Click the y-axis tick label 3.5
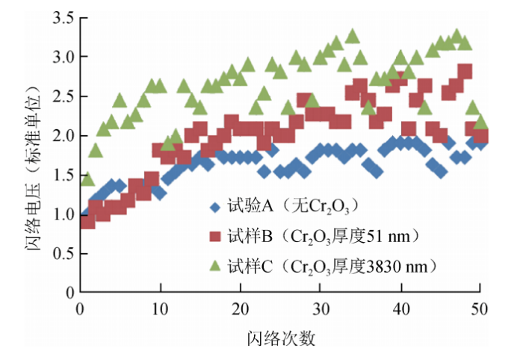59,16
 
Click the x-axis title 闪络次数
281,338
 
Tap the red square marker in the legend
216,236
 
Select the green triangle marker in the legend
216,264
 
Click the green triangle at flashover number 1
88,179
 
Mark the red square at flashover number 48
465,72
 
